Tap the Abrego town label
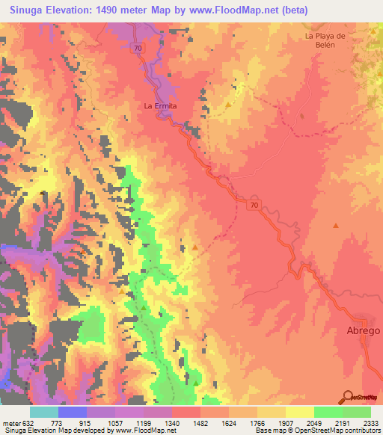pos(363,330)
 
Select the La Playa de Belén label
pos(324,40)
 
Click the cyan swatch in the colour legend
pos(44,412)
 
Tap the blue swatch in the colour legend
pos(73,412)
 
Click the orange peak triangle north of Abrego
pos(336,225)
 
